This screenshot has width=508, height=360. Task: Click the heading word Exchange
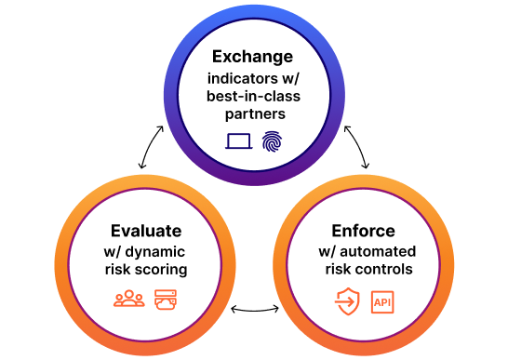(252, 57)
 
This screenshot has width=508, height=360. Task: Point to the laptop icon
(239, 142)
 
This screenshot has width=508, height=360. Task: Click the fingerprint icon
(271, 141)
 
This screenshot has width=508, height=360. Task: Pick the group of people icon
(128, 300)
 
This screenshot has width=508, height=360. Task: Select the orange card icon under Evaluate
(166, 300)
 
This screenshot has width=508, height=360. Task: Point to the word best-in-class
(252, 96)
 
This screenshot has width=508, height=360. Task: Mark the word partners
(252, 113)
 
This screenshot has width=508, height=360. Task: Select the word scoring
(163, 270)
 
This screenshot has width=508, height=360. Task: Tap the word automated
(380, 252)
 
